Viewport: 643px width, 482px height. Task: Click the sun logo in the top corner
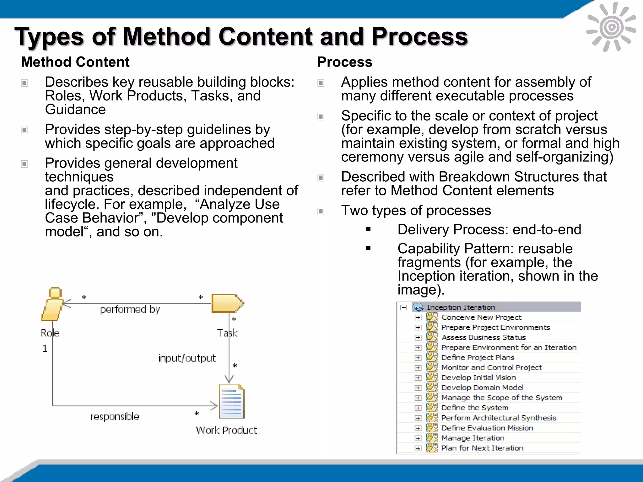click(611, 27)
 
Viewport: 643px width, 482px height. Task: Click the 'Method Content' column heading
click(75, 62)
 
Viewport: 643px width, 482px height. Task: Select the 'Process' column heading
click(344, 62)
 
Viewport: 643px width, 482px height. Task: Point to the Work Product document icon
click(232, 401)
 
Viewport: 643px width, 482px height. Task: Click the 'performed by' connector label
click(130, 309)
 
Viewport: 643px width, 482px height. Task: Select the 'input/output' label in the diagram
click(187, 358)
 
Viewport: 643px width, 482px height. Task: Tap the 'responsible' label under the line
click(114, 416)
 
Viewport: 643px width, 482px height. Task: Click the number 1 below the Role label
click(45, 349)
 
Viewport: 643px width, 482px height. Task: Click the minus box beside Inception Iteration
click(404, 308)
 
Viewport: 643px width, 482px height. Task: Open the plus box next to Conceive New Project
click(418, 318)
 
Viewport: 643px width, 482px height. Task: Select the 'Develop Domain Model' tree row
click(482, 388)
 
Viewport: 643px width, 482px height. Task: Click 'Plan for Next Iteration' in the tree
click(482, 448)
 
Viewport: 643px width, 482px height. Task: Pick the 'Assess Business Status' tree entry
click(483, 337)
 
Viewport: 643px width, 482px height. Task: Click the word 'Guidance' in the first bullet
click(75, 110)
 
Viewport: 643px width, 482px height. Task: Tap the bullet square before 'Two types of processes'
click(321, 211)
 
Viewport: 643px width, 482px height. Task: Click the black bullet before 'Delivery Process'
click(368, 230)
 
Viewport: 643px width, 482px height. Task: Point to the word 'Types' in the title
click(49, 37)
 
